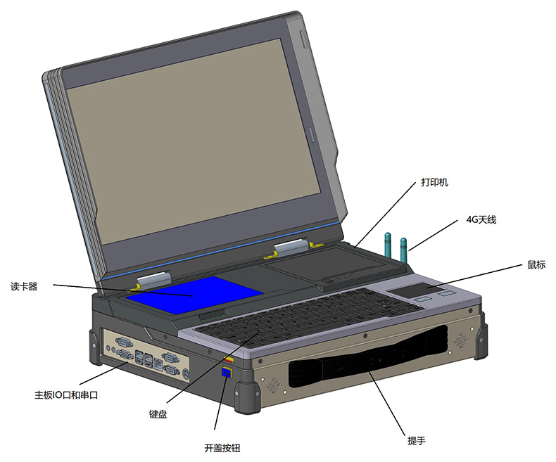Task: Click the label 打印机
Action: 434,182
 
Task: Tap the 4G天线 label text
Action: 481,220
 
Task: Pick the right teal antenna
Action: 404,250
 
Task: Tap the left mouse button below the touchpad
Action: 422,299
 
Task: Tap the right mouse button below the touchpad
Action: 446,295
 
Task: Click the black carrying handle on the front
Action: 366,366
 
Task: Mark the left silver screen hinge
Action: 151,280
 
